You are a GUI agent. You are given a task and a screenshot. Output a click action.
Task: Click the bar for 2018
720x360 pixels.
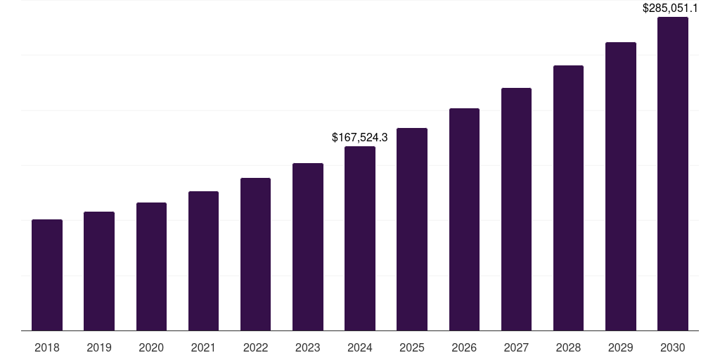tap(47, 275)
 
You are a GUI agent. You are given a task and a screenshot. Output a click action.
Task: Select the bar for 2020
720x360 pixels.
tap(151, 266)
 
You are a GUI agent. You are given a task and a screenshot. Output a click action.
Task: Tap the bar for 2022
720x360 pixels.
tap(255, 254)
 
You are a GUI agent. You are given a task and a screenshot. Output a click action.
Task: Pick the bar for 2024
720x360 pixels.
tap(360, 238)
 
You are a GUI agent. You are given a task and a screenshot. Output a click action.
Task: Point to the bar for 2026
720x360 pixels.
tap(464, 219)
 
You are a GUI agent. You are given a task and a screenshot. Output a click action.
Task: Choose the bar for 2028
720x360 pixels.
tap(568, 198)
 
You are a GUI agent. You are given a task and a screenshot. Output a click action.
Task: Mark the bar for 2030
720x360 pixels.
tap(673, 174)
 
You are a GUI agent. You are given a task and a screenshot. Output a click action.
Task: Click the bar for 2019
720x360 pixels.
tap(99, 271)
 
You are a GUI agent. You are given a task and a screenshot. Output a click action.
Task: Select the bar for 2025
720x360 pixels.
tap(412, 229)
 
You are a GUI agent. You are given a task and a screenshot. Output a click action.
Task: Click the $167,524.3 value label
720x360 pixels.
tap(360, 137)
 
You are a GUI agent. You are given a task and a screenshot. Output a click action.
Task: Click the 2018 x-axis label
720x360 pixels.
tap(47, 347)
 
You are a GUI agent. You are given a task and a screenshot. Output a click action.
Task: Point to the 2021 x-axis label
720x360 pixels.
tap(203, 347)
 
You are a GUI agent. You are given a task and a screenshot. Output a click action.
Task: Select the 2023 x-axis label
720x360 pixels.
tap(308, 347)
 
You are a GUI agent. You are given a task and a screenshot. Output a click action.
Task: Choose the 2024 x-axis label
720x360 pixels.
tap(360, 347)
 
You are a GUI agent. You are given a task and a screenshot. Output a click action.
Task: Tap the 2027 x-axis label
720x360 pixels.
tap(516, 347)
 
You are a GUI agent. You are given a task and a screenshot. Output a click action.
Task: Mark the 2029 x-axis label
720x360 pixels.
tap(621, 347)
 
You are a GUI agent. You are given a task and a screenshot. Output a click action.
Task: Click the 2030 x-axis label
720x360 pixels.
tap(673, 347)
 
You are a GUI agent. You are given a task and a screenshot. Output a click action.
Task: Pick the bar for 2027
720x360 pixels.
tap(516, 209)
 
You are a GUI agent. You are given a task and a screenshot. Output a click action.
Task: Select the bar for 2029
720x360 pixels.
tap(621, 186)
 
